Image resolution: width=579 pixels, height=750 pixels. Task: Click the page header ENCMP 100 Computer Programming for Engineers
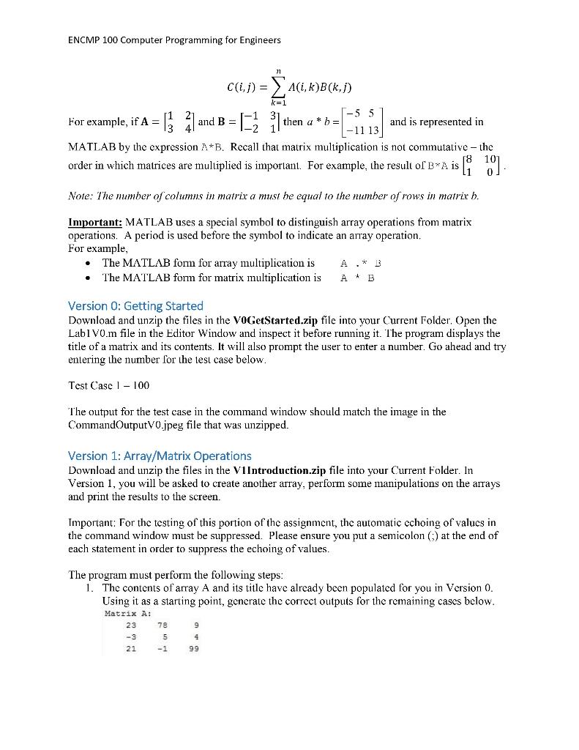(x=174, y=40)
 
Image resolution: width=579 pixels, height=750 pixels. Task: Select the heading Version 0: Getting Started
(x=135, y=305)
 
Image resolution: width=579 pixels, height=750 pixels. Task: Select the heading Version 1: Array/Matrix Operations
(x=160, y=456)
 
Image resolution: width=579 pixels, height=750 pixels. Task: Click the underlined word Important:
(x=95, y=222)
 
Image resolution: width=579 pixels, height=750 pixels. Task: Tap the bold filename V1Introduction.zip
(x=283, y=470)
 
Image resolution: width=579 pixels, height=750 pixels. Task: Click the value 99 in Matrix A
(x=193, y=648)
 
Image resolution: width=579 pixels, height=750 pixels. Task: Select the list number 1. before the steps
(x=89, y=587)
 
